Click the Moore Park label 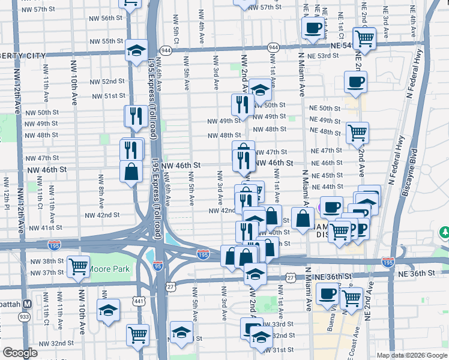click(109, 269)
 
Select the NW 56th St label click(112, 19)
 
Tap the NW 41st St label click(47, 228)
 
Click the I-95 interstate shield click(158, 266)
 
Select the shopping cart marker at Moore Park click(78, 267)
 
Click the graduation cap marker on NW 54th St click(137, 50)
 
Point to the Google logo click(20, 353)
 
